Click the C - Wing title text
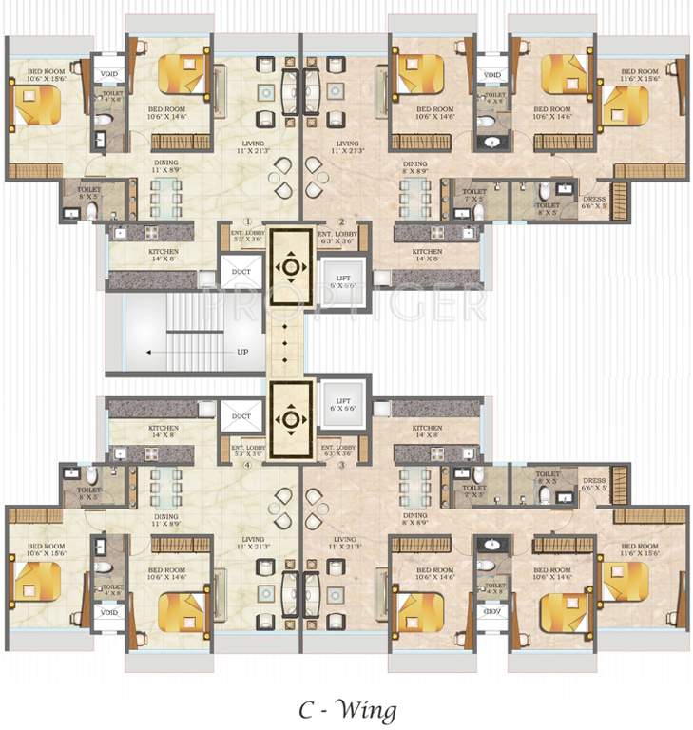tap(345, 709)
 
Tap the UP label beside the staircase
tap(242, 352)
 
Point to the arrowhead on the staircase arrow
tap(150, 352)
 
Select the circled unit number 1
tap(246, 222)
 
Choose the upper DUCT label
tap(241, 271)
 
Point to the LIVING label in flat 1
tap(252, 146)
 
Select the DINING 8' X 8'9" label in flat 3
tap(414, 519)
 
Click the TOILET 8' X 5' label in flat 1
tap(88, 193)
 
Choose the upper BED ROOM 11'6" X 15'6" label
tap(639, 76)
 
